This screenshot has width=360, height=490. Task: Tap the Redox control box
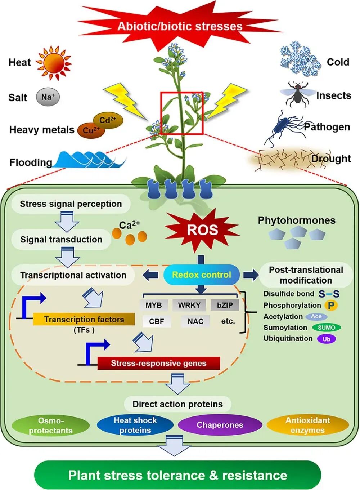tap(202, 275)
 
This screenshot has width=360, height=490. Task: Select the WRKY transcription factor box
tap(189, 305)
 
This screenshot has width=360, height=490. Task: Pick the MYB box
tap(154, 305)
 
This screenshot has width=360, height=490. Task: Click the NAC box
tap(195, 321)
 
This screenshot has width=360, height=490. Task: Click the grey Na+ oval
tap(48, 97)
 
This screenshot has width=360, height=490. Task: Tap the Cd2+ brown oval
tap(108, 120)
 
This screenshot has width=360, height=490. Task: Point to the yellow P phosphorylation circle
tap(331, 306)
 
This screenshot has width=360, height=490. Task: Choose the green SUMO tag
tap(326, 328)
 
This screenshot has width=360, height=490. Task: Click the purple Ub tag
tap(326, 339)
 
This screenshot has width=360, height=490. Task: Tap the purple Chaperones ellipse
tap(220, 425)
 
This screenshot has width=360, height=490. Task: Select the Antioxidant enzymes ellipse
tap(307, 425)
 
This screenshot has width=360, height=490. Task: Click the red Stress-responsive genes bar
tap(158, 363)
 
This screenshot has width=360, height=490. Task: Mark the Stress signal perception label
tap(71, 204)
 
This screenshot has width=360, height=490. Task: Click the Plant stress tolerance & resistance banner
tap(177, 475)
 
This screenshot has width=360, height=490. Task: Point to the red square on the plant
tap(182, 113)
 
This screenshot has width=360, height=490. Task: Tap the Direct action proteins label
tap(177, 404)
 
